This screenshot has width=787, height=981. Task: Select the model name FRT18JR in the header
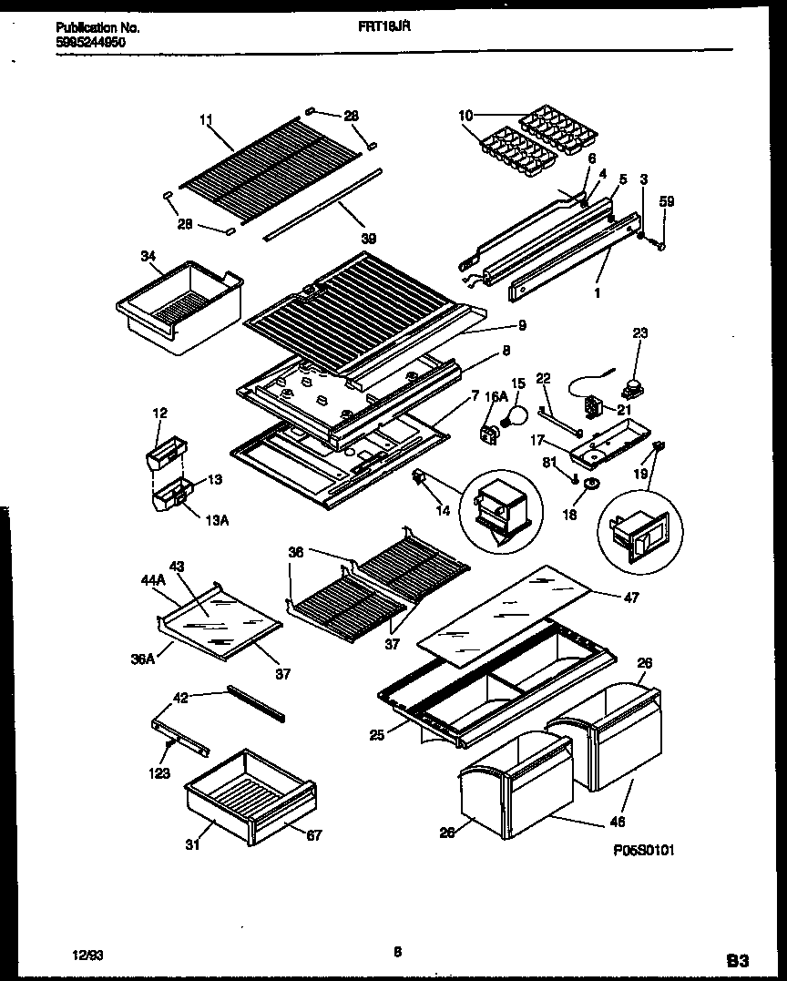(383, 27)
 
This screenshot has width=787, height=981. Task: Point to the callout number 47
(631, 598)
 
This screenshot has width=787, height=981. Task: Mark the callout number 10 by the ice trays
(465, 116)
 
